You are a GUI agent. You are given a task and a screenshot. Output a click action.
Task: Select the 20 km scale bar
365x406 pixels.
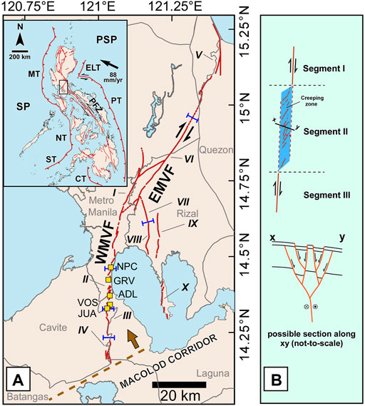pos(179,386)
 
